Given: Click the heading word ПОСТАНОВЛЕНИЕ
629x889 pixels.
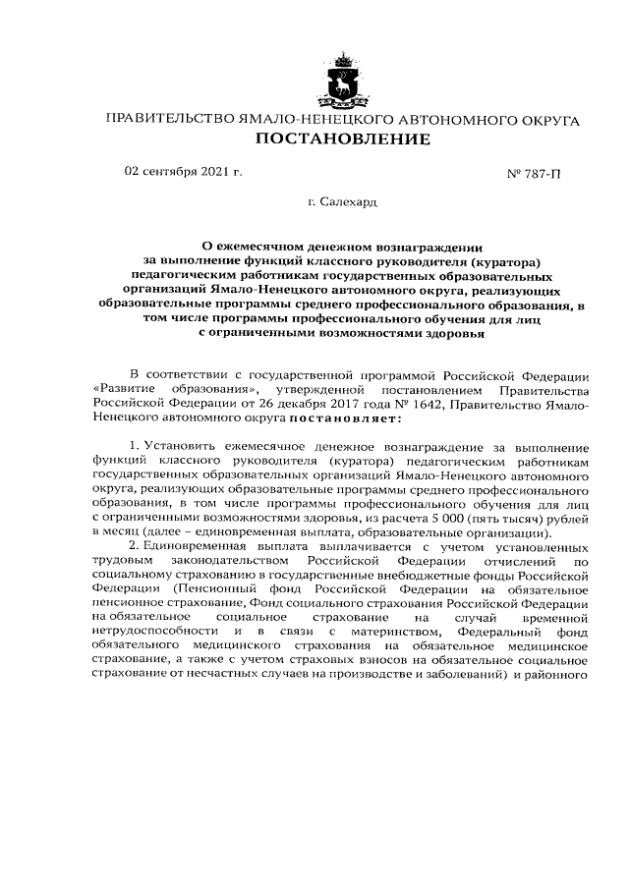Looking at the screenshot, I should pyautogui.click(x=343, y=139).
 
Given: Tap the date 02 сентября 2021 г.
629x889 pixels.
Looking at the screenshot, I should pyautogui.click(x=183, y=171).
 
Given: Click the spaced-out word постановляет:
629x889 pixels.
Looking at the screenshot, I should pyautogui.click(x=339, y=420).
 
